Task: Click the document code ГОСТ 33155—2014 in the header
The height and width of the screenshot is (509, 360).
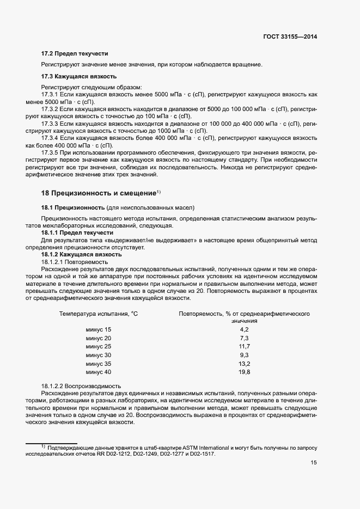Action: tap(289, 37)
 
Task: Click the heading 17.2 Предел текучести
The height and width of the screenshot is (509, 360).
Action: tap(75, 53)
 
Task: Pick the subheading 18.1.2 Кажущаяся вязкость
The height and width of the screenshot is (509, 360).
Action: tap(81, 255)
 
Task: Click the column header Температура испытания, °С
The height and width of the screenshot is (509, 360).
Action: tap(99, 314)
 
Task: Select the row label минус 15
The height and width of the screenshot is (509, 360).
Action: tap(98, 330)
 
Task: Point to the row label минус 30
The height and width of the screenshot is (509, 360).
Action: tap(98, 355)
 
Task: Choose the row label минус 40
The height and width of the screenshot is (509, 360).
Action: tap(98, 372)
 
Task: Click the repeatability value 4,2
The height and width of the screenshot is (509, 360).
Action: tap(244, 330)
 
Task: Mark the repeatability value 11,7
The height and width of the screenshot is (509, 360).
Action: tap(244, 347)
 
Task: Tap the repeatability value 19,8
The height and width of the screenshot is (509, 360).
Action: tap(244, 372)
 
